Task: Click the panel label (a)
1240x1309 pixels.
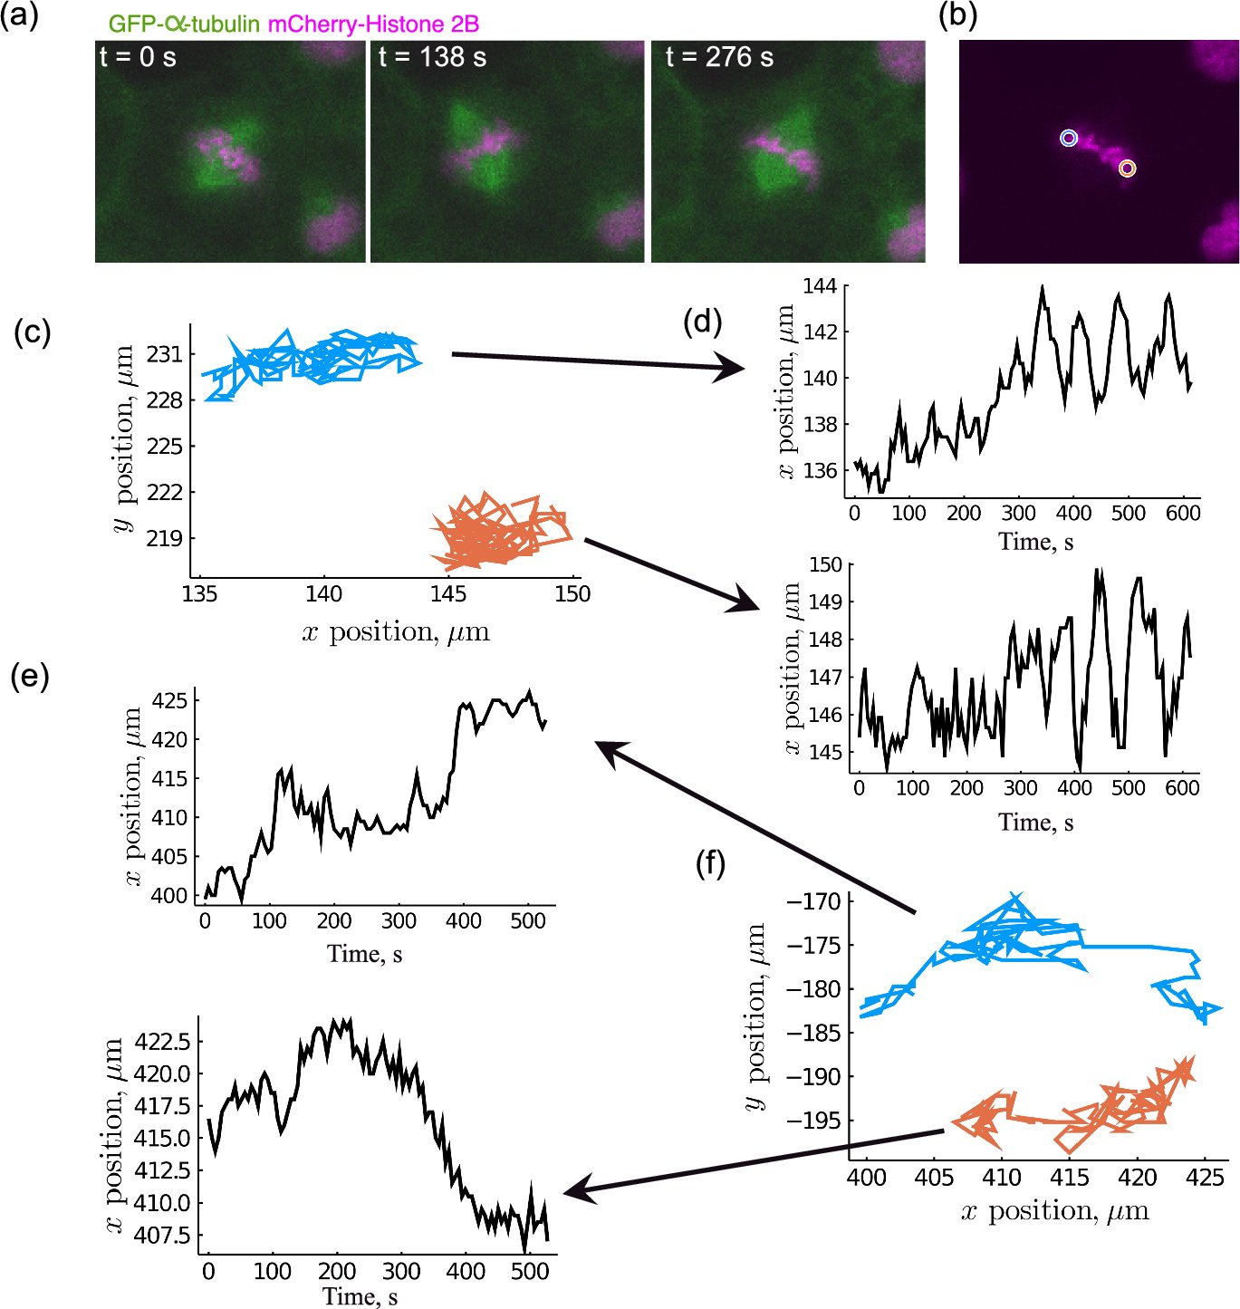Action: pyautogui.click(x=19, y=15)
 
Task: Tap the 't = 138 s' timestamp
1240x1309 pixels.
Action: pyautogui.click(x=432, y=57)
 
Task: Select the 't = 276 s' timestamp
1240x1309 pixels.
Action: pyautogui.click(x=719, y=57)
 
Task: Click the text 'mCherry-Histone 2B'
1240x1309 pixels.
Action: pyautogui.click(x=373, y=24)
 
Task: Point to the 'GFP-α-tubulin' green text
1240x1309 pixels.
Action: pyautogui.click(x=184, y=24)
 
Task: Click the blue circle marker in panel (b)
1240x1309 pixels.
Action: pyautogui.click(x=1069, y=138)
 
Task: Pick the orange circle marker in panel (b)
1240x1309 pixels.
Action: pyautogui.click(x=1126, y=168)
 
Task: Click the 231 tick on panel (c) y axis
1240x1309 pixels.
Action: pyautogui.click(x=164, y=354)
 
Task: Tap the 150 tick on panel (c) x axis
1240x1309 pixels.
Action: pyautogui.click(x=572, y=594)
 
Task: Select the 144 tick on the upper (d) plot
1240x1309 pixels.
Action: pyautogui.click(x=820, y=287)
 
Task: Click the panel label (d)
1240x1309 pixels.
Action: pyautogui.click(x=702, y=321)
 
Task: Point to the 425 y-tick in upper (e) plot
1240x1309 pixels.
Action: pyautogui.click(x=169, y=701)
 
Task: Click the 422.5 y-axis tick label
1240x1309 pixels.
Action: pyautogui.click(x=162, y=1042)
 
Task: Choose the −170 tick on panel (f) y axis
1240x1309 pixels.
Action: pyautogui.click(x=814, y=901)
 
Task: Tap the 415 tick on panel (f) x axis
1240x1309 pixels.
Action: pyautogui.click(x=1069, y=1178)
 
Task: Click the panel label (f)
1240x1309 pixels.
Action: pyautogui.click(x=710, y=863)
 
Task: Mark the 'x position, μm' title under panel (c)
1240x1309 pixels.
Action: pyautogui.click(x=396, y=632)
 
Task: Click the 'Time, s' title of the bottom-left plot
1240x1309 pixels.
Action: pyautogui.click(x=360, y=1296)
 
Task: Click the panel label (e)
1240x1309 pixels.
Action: pyautogui.click(x=29, y=676)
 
